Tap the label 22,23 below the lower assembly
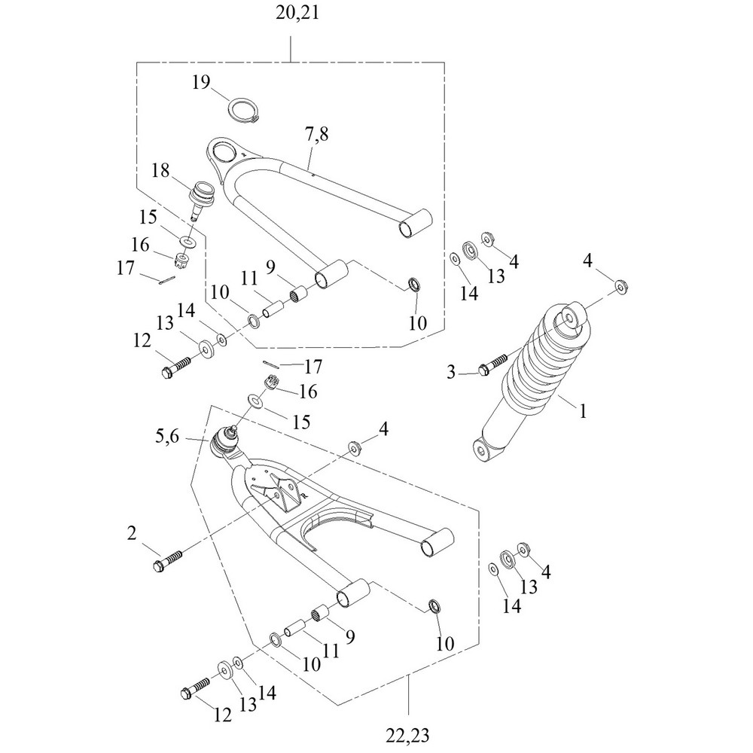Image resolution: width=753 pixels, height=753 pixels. coord(408,731)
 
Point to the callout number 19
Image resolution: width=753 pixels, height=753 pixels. coord(200,82)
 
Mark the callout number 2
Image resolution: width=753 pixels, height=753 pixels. coord(132,534)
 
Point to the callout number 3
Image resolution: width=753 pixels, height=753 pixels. coord(451,370)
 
